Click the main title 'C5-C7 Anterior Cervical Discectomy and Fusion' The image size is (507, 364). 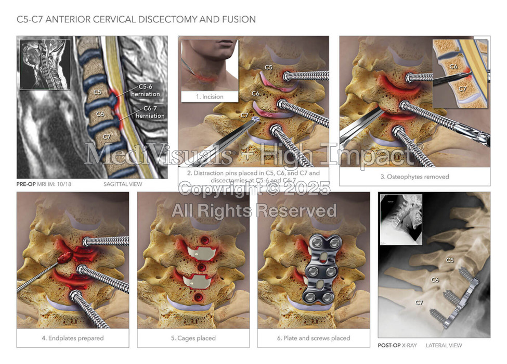(136, 20)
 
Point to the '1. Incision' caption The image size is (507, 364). (209, 97)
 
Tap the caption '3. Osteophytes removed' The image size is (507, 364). (414, 177)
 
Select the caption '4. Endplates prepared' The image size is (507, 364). (72, 338)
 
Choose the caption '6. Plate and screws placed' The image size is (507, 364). (313, 338)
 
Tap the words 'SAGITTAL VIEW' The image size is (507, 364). (123, 184)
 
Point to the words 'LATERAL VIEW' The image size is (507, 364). (444, 345)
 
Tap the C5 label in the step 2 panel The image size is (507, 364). (268, 67)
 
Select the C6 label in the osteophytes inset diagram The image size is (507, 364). (453, 66)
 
